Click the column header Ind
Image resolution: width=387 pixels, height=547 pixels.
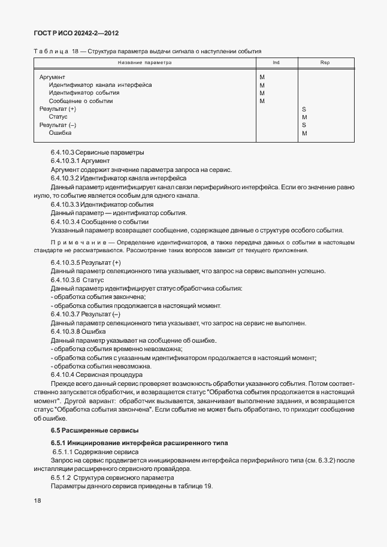tap(276, 62)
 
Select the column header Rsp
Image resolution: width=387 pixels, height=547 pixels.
tap(325, 62)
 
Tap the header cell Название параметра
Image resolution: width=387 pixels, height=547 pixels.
tap(144, 62)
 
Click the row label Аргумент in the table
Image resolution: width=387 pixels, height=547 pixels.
tap(52, 77)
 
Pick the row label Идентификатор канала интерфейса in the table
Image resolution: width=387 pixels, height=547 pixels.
tap(100, 85)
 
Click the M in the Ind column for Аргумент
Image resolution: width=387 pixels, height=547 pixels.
tap(262, 77)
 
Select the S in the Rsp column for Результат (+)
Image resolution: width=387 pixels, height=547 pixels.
tap(304, 109)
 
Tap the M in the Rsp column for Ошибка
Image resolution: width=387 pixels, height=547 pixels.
tap(305, 133)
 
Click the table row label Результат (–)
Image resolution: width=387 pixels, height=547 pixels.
tap(58, 125)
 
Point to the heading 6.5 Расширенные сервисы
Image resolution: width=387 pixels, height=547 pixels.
tap(86, 430)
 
